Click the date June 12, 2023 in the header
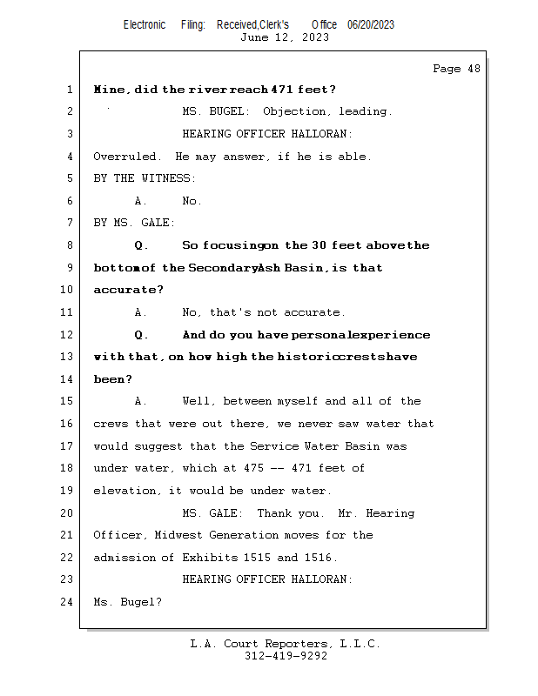coord(285,37)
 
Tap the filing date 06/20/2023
coord(371,24)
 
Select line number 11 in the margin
coord(68,312)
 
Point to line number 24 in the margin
coord(68,601)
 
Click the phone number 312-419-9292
coord(286,656)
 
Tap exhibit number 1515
coord(252,558)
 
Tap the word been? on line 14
coord(113,379)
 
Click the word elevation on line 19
coord(125,491)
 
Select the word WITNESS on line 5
coord(168,178)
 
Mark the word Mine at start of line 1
coord(111,90)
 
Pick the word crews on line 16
coord(111,424)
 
